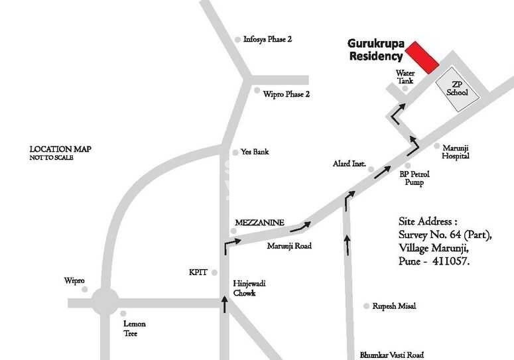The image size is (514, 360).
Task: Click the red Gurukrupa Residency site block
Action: pos(422,57)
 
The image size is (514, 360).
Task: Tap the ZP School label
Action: pos(456,88)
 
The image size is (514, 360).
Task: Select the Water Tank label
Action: pos(405,77)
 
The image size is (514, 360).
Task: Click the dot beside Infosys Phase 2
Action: pos(238,40)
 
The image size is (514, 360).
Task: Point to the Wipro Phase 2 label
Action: pos(286,94)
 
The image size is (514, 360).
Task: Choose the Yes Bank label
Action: pos(255,152)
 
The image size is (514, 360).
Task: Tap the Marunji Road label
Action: pos(289,246)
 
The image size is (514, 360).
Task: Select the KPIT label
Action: pos(198,272)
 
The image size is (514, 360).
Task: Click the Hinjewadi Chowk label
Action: pos(243,288)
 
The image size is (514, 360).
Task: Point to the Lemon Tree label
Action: pos(134,328)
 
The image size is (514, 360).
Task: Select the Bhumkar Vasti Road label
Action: pos(391,355)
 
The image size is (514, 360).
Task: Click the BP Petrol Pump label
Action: pos(414,178)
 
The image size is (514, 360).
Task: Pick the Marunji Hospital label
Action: pos(456,152)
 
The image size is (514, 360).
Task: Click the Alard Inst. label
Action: pos(349,163)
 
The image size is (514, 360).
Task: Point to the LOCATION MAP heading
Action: pos(60,149)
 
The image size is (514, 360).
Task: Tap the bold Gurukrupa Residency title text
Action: pos(375,50)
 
